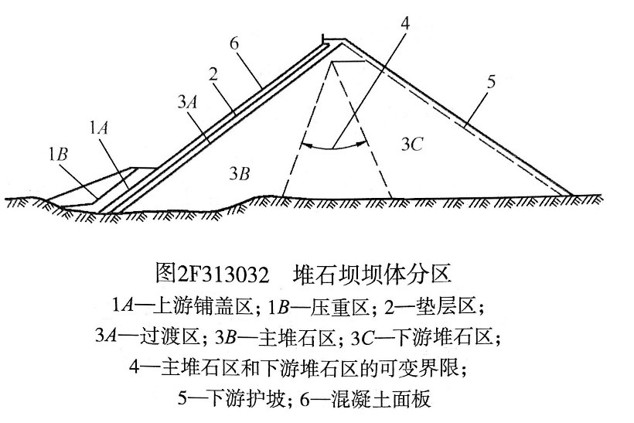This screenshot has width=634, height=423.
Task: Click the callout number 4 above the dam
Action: pyautogui.click(x=404, y=23)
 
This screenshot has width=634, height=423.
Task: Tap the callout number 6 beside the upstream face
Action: pyautogui.click(x=234, y=43)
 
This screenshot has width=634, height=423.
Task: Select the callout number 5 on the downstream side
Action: pyautogui.click(x=491, y=82)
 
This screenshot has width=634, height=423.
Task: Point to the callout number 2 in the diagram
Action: pyautogui.click(x=213, y=74)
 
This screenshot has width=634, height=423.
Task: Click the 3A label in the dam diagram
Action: pyautogui.click(x=188, y=102)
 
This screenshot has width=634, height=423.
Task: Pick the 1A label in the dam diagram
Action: pyautogui.click(x=99, y=128)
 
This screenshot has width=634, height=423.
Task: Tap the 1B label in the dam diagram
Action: pyautogui.click(x=58, y=154)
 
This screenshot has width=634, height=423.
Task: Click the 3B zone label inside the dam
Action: pyautogui.click(x=240, y=173)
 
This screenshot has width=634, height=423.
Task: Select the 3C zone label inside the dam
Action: pyautogui.click(x=412, y=144)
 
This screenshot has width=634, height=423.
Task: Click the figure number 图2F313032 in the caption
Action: pyautogui.click(x=212, y=274)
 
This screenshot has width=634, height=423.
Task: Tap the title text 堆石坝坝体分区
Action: pyautogui.click(x=372, y=274)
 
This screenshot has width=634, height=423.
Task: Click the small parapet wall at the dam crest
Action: pyautogui.click(x=323, y=39)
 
